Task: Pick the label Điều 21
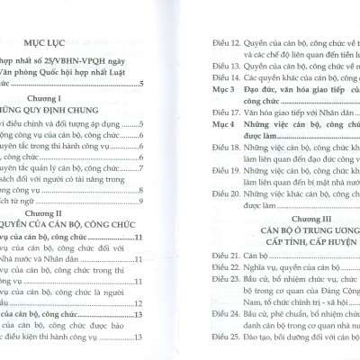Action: click(212, 256)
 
